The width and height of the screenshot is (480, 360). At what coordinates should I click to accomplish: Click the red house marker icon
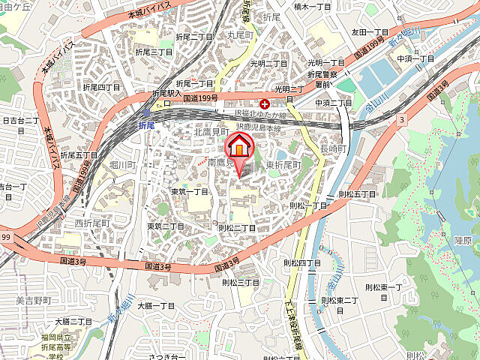click(x=239, y=147)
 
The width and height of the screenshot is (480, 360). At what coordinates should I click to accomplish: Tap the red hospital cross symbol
click(x=263, y=105)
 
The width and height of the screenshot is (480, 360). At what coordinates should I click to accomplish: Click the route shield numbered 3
click(x=402, y=118)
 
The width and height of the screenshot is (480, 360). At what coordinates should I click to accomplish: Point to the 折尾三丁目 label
click(x=154, y=52)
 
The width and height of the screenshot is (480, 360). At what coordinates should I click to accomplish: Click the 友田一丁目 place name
click(x=369, y=32)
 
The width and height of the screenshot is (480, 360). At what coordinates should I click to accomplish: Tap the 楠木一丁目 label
click(x=313, y=7)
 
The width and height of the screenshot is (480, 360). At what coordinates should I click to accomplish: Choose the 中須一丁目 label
click(x=415, y=58)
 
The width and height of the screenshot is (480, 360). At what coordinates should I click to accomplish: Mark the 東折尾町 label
click(x=283, y=164)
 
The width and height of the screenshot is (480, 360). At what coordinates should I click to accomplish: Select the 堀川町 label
click(x=121, y=163)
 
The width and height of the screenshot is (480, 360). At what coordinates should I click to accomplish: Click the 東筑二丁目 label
click(x=166, y=226)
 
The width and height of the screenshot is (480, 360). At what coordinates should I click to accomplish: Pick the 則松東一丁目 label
click(x=384, y=287)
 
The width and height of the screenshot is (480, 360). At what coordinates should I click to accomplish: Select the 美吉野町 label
click(x=34, y=300)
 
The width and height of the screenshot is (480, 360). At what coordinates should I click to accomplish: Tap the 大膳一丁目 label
click(x=156, y=306)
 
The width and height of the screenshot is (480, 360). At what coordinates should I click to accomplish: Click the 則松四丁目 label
click(x=301, y=263)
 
